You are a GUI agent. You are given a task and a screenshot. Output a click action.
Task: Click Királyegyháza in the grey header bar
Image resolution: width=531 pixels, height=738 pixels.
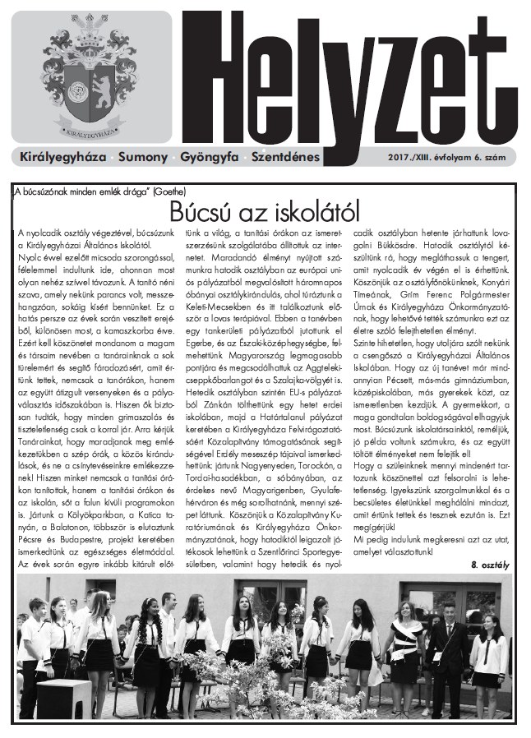coord(62,155)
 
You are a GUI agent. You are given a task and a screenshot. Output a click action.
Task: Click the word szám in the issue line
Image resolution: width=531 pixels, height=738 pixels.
coord(506,156)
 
